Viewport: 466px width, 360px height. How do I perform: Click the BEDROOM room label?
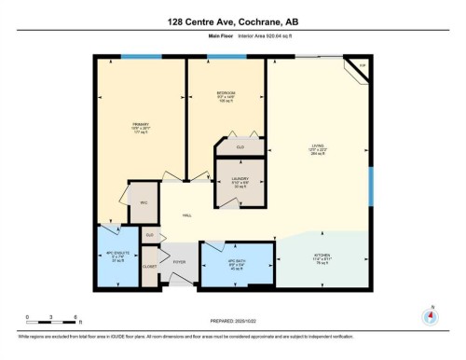(x=226, y=94)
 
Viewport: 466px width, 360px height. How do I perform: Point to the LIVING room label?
(x=317, y=146)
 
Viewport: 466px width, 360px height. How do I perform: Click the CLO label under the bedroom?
(x=240, y=147)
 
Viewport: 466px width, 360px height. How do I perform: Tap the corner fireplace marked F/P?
(x=361, y=65)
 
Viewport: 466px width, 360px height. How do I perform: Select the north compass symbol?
(x=431, y=315)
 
